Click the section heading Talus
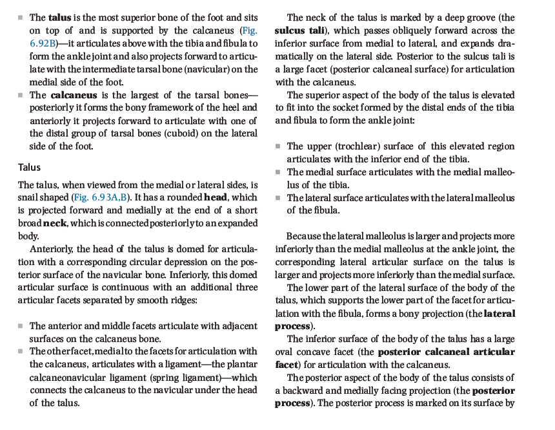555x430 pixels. coord(30,167)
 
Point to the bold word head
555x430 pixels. coord(216,198)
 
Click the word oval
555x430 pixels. coord(287,352)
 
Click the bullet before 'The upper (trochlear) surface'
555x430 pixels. coord(277,147)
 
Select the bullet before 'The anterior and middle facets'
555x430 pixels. coord(21,326)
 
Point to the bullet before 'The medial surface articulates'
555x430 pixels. coord(277,172)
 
